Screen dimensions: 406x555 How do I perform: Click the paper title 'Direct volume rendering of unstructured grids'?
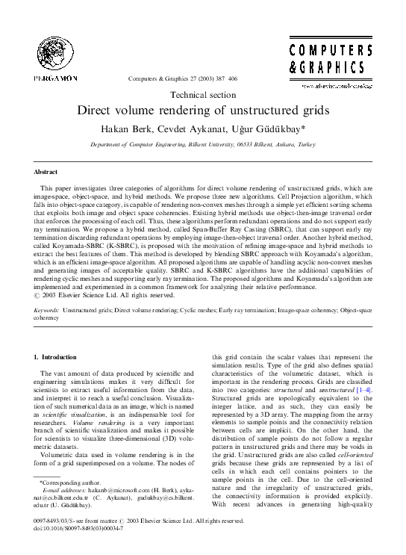point(203,110)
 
